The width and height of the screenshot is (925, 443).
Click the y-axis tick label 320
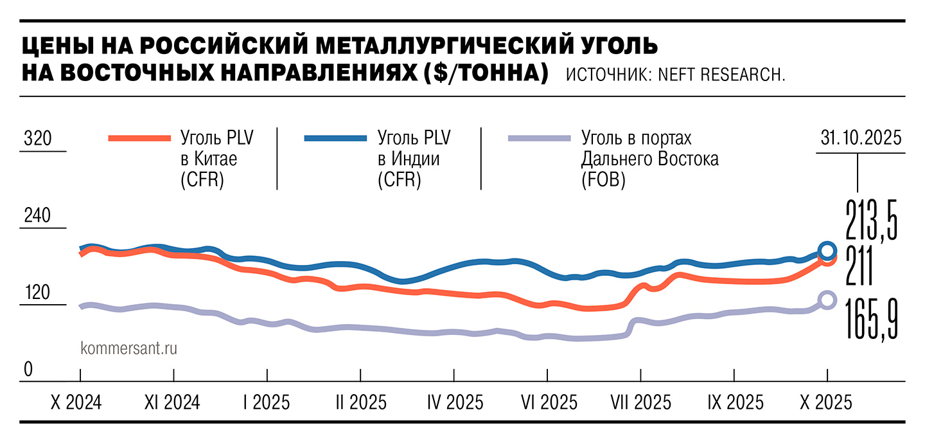coord(37,139)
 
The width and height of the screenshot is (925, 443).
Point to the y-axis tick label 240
coord(37,216)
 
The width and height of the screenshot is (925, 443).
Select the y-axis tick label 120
coord(37,293)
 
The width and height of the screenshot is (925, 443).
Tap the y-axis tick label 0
coord(28,370)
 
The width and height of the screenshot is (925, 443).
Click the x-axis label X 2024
coord(76,403)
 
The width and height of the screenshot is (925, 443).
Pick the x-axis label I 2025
coord(266,403)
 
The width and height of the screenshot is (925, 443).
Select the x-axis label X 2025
coord(826,403)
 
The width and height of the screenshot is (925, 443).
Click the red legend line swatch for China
coord(139,138)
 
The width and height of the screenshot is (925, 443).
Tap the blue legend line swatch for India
coord(335,138)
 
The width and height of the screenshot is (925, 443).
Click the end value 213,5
coord(870,219)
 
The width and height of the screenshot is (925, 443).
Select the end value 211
coord(858,267)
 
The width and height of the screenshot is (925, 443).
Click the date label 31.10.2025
coord(860,138)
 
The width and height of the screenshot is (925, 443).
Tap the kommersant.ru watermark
coord(128,348)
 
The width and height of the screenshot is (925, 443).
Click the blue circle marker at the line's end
coord(827,251)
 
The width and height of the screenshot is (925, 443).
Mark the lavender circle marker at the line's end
coord(827,300)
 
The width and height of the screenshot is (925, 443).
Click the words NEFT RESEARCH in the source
coord(721,75)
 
